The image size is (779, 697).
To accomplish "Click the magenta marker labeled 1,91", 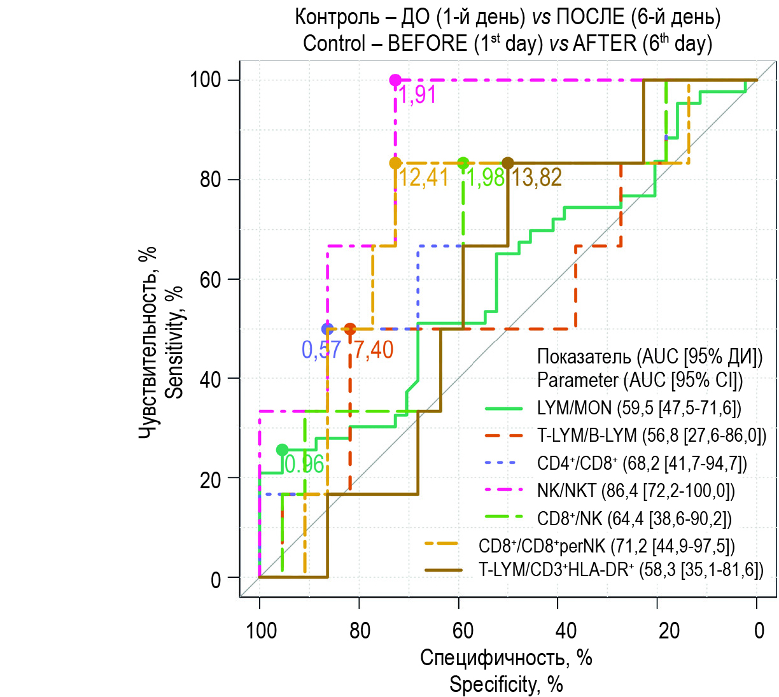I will pos(395,80).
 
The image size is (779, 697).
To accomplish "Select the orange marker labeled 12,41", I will pos(395,163).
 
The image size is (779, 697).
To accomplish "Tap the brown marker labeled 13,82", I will pos(507,163).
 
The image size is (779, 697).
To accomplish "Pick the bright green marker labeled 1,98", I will pos(463,163).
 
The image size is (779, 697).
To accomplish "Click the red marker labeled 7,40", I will pos(350,329).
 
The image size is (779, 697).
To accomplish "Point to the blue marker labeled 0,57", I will pos(327,329).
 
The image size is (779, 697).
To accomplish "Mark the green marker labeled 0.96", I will pos(282,450).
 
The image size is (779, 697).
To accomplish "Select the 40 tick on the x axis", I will pos(565,631).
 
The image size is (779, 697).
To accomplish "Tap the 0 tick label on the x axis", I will pos(759,631).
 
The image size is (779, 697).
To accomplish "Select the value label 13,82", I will pos(537,178).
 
